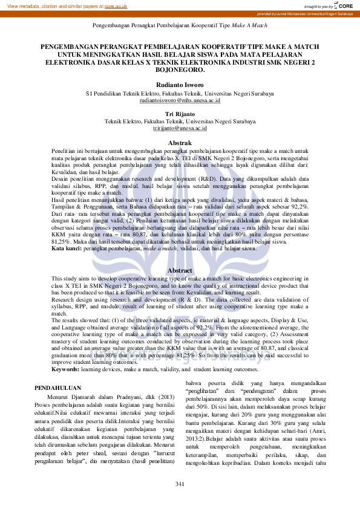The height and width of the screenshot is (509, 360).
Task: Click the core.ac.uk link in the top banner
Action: pyautogui.click(x=116, y=5)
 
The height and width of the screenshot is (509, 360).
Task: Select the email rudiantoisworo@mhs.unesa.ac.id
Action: pyautogui.click(x=180, y=100)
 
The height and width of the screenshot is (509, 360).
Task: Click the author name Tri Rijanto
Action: pyautogui.click(x=180, y=114)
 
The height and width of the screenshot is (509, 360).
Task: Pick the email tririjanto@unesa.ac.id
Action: pyautogui.click(x=180, y=128)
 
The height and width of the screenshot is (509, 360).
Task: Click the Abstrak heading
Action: pyautogui.click(x=180, y=142)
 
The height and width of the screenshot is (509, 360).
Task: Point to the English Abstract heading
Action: pyautogui.click(x=180, y=270)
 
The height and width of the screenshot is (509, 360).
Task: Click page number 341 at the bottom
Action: pyautogui.click(x=180, y=485)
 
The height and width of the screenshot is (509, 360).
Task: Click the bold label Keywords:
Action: pyautogui.click(x=67, y=352)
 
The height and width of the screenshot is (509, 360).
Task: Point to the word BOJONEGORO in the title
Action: pyautogui.click(x=180, y=69)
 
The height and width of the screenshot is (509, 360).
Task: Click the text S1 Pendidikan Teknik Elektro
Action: pyautogui.click(x=127, y=94)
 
